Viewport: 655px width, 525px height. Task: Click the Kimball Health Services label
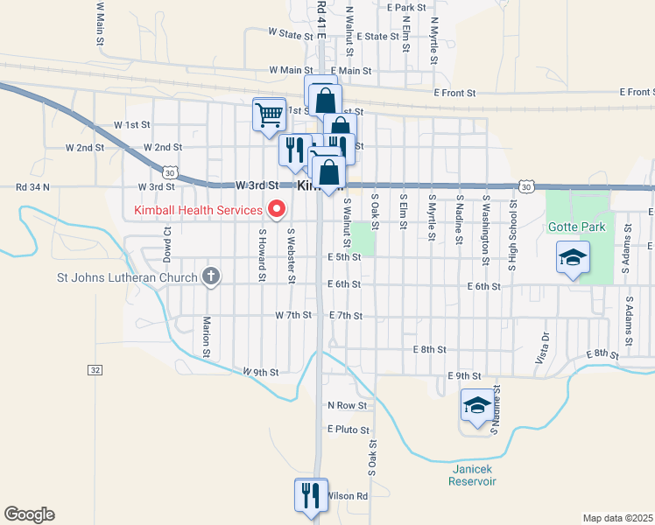pyautogui.click(x=197, y=210)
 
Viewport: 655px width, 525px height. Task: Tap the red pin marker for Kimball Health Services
pyautogui.click(x=278, y=209)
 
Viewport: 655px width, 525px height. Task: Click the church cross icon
pyautogui.click(x=210, y=277)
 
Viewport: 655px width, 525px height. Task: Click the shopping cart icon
pyautogui.click(x=269, y=113)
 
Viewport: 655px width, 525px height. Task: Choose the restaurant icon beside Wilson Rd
pyautogui.click(x=311, y=496)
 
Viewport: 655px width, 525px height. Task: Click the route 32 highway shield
pyautogui.click(x=95, y=370)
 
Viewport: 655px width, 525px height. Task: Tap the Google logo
pyautogui.click(x=29, y=514)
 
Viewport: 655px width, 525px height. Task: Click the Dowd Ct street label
pyautogui.click(x=166, y=245)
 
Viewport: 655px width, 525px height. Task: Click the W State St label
pyautogui.click(x=291, y=34)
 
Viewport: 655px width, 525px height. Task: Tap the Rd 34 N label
pyautogui.click(x=33, y=186)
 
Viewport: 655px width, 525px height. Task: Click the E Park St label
pyautogui.click(x=408, y=7)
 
